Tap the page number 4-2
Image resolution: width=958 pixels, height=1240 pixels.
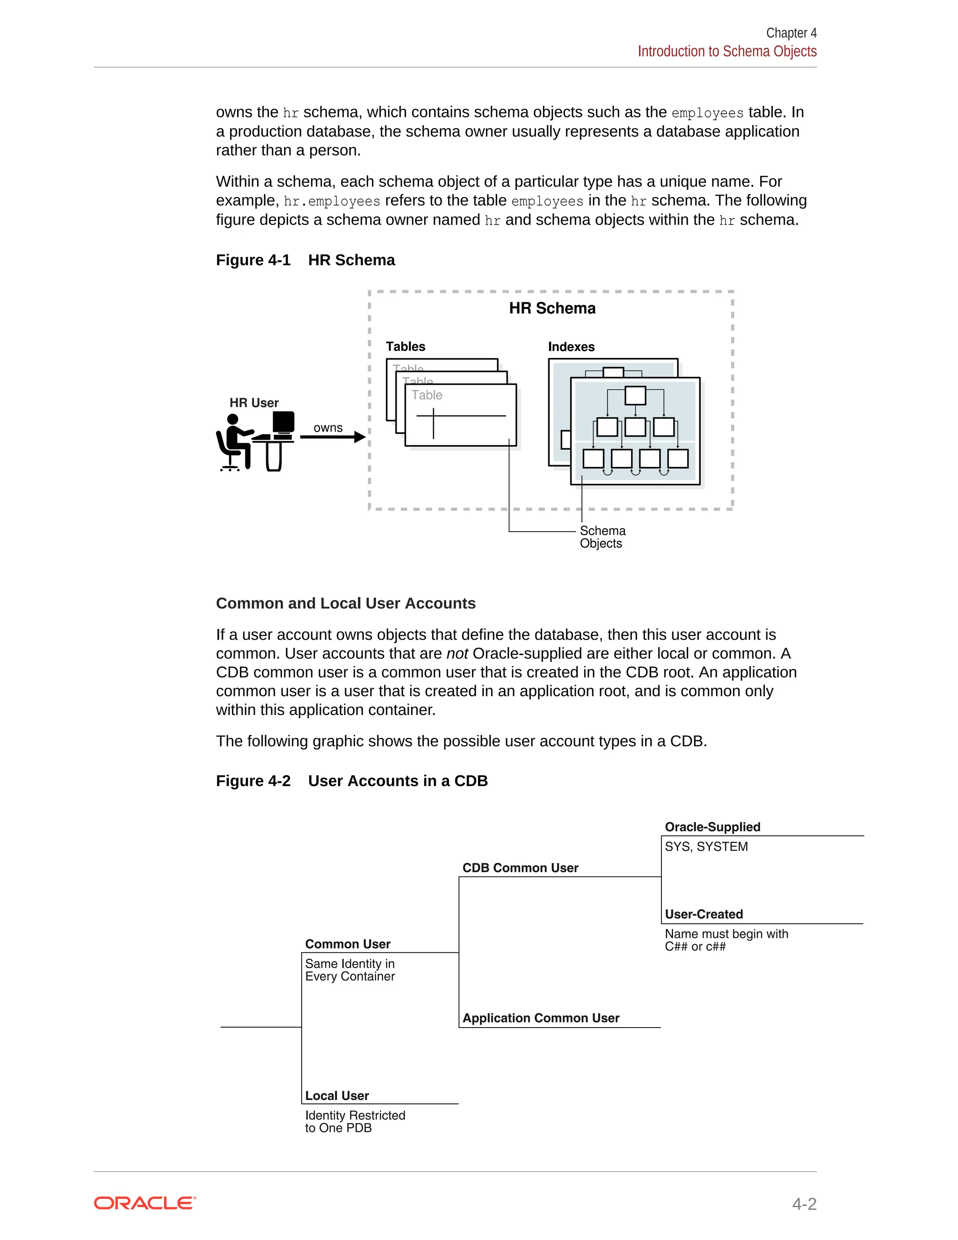coord(804,1204)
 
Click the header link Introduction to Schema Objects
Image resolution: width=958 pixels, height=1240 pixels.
coord(726,51)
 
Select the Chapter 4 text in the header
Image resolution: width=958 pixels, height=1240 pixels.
coord(791,33)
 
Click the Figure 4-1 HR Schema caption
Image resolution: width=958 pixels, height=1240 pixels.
coord(305,260)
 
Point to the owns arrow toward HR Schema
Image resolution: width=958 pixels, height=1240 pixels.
coord(333,437)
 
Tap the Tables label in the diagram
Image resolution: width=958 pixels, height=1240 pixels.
coord(405,346)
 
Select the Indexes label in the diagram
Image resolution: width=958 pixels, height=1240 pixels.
coord(571,347)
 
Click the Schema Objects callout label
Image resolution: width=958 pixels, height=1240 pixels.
coord(602,537)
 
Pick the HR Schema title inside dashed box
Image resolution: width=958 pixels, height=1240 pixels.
coord(552,308)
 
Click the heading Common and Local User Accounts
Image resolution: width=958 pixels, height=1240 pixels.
coord(346,603)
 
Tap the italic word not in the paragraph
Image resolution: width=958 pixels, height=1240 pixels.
coord(457,654)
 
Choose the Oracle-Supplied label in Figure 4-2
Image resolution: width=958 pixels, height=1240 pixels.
coord(712,827)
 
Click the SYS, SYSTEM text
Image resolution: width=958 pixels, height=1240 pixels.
coord(706,846)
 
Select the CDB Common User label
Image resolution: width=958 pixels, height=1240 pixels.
coord(520,868)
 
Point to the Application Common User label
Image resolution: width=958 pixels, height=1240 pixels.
coord(540,1018)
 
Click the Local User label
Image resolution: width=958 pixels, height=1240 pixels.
coord(337,1096)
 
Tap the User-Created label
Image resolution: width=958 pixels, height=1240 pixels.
coord(704,914)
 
